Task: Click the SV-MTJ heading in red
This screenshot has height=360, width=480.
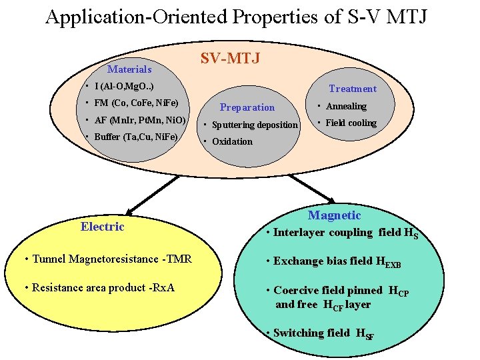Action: pos(230,59)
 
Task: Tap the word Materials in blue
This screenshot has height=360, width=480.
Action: pos(129,69)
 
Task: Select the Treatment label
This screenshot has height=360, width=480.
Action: pos(352,89)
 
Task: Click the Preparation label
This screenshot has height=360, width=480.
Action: pos(247,107)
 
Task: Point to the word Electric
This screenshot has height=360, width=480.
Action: pos(103,227)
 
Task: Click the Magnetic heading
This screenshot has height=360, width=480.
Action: pos(334,215)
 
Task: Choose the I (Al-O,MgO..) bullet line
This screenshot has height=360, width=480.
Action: pos(125,87)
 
